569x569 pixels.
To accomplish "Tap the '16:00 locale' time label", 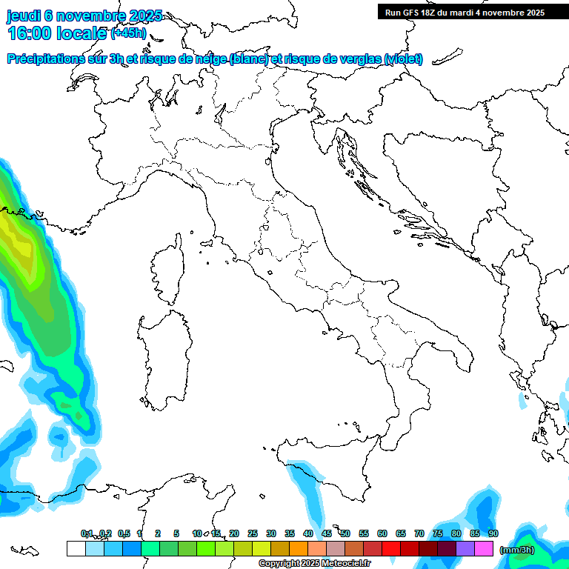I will coord(57,33).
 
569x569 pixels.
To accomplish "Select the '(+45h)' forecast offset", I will coord(128,34).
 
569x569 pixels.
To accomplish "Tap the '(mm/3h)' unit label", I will coord(516,549).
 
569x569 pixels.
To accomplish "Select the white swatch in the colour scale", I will coord(76,548).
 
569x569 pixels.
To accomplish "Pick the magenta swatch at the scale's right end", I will coord(484,548).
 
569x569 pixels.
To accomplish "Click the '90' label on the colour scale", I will coord(493,533).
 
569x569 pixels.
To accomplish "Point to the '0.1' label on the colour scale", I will coord(87,533).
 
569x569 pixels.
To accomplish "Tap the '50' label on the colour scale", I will coord(345,533).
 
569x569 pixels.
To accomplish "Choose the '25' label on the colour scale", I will coord(253,533).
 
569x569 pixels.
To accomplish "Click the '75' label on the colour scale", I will coord(438,533).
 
